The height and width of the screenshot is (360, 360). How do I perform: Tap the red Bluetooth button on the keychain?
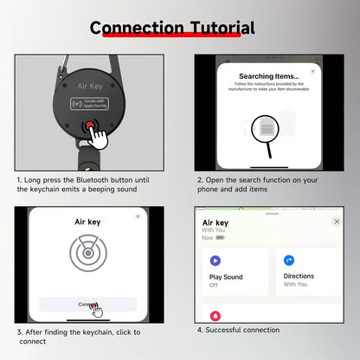(89, 127)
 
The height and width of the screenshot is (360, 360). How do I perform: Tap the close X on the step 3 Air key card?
(138, 215)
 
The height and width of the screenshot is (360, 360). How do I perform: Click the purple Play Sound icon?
(215, 260)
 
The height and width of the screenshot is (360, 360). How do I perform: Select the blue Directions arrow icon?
(290, 260)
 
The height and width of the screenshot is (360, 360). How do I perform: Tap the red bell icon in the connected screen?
(215, 316)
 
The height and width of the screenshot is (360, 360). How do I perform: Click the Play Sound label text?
(227, 276)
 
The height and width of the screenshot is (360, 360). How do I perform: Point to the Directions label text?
(299, 276)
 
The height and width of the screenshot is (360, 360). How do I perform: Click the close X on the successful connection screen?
(337, 222)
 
